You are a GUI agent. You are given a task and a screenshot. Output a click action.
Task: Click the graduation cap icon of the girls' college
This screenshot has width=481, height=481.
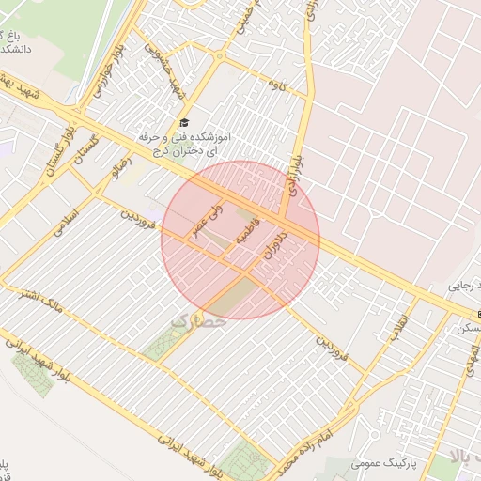tap(184, 124)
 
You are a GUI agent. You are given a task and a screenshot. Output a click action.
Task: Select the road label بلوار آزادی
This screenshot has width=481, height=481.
tap(298, 173)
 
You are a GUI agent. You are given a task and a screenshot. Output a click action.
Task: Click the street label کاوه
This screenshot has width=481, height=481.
tap(300, 91)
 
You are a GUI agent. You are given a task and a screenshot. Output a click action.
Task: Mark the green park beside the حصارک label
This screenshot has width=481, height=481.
tap(163, 347)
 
